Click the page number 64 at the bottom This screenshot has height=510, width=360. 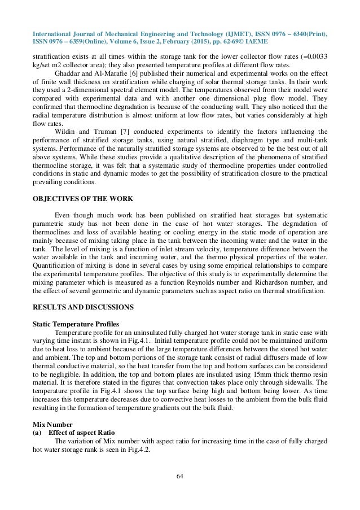[x=180, y=478]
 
